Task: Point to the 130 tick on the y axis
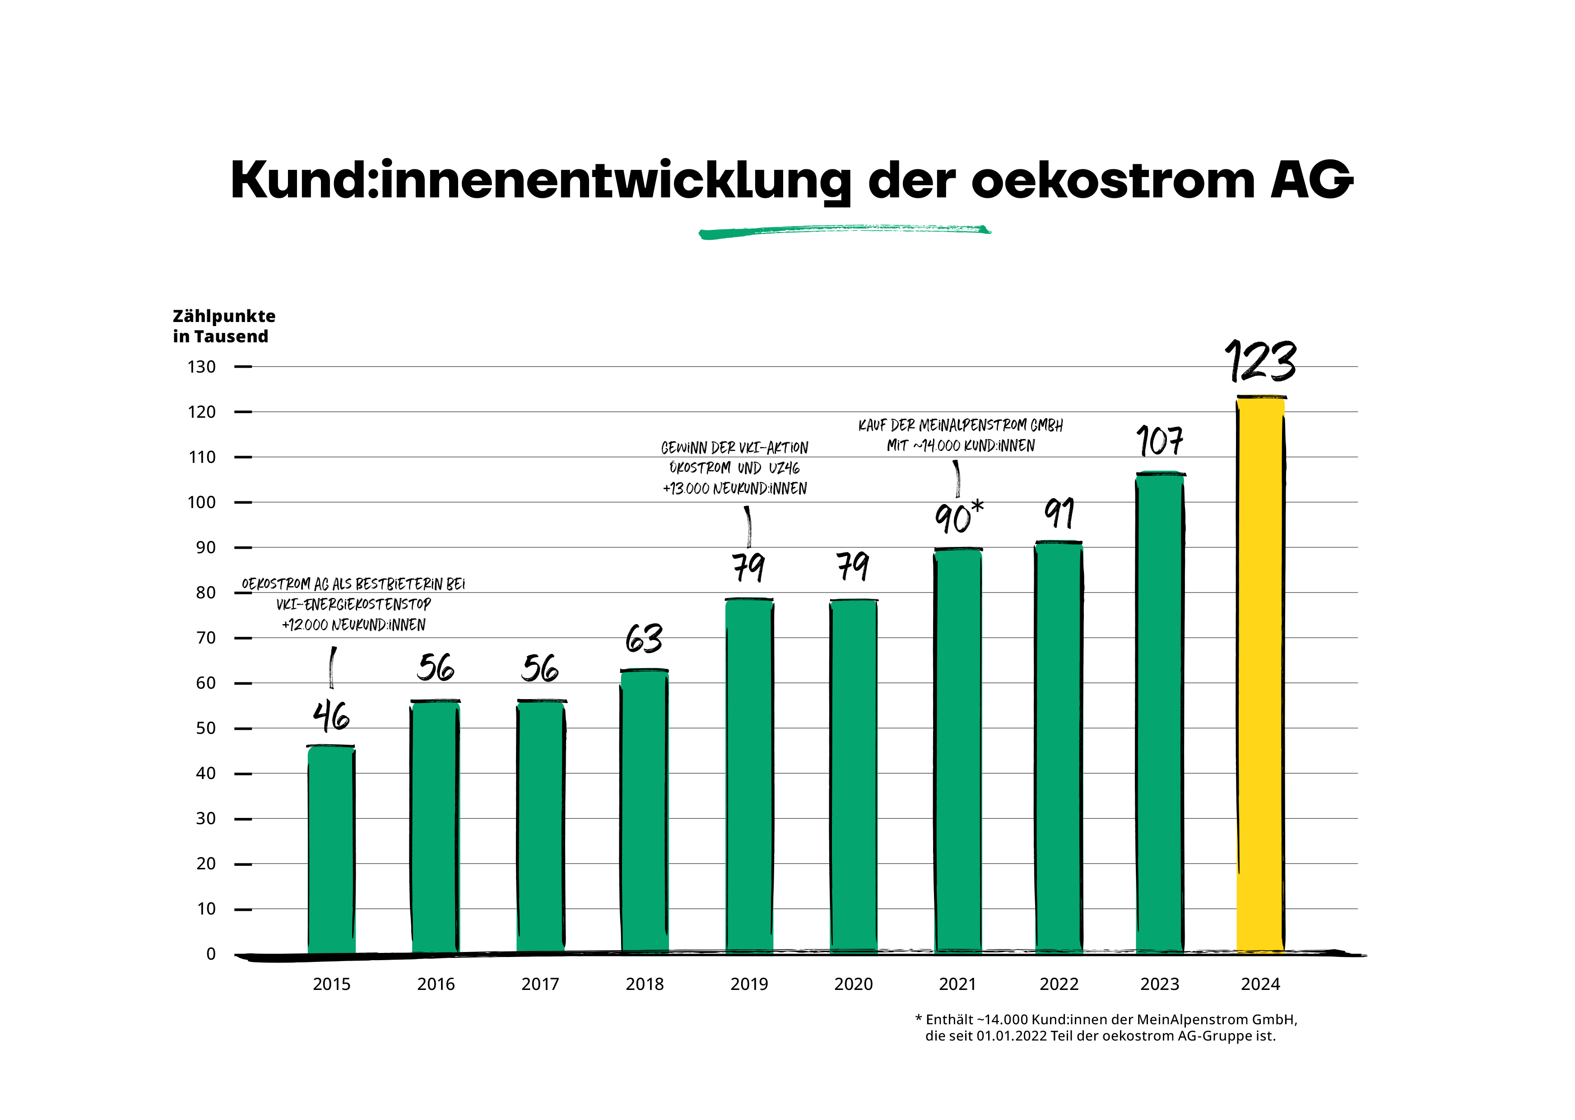tap(202, 367)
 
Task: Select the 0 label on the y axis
tap(211, 954)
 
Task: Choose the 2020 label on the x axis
tap(853, 984)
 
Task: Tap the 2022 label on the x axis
tap(1059, 984)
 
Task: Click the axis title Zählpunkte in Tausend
tap(223, 326)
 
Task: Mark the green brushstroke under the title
tap(844, 231)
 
